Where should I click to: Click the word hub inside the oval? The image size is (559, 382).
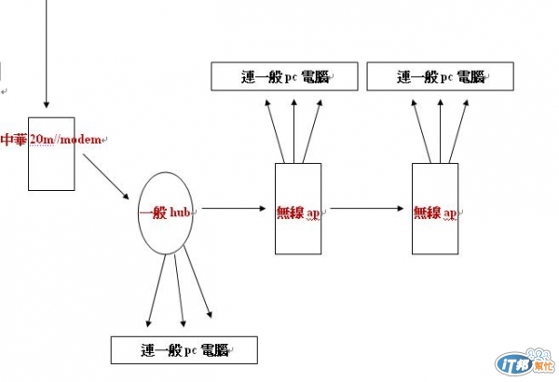tap(184, 211)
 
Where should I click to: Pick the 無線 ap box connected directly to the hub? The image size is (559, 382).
tap(298, 228)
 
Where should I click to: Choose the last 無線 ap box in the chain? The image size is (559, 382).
tap(435, 228)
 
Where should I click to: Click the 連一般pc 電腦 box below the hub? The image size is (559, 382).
tap(183, 350)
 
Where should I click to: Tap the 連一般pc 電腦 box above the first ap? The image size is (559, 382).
tap(285, 77)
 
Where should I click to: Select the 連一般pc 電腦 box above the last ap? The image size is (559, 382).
tap(440, 77)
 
